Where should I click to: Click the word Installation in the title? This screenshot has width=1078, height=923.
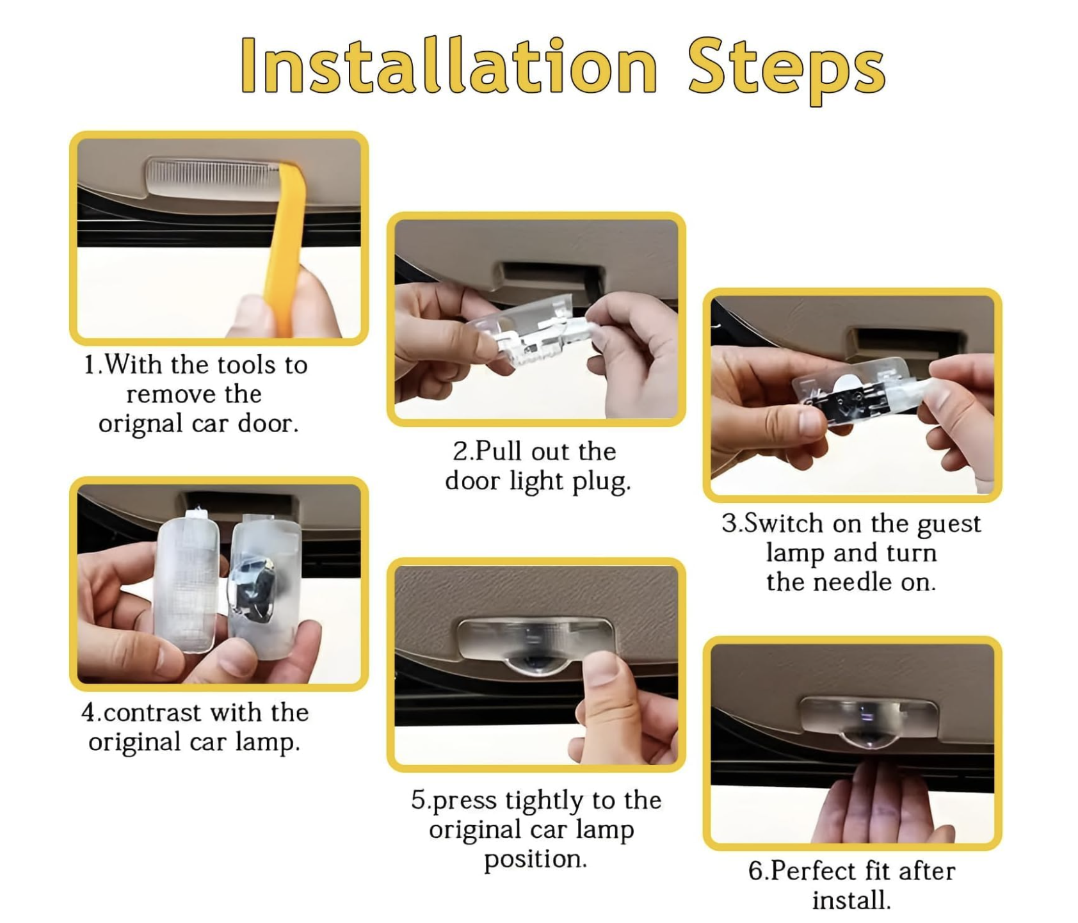pos(449,65)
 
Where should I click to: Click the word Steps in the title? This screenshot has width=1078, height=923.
pos(787,70)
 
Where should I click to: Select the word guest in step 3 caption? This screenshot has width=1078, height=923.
pos(949,525)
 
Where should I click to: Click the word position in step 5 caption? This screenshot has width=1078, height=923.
pos(535,860)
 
